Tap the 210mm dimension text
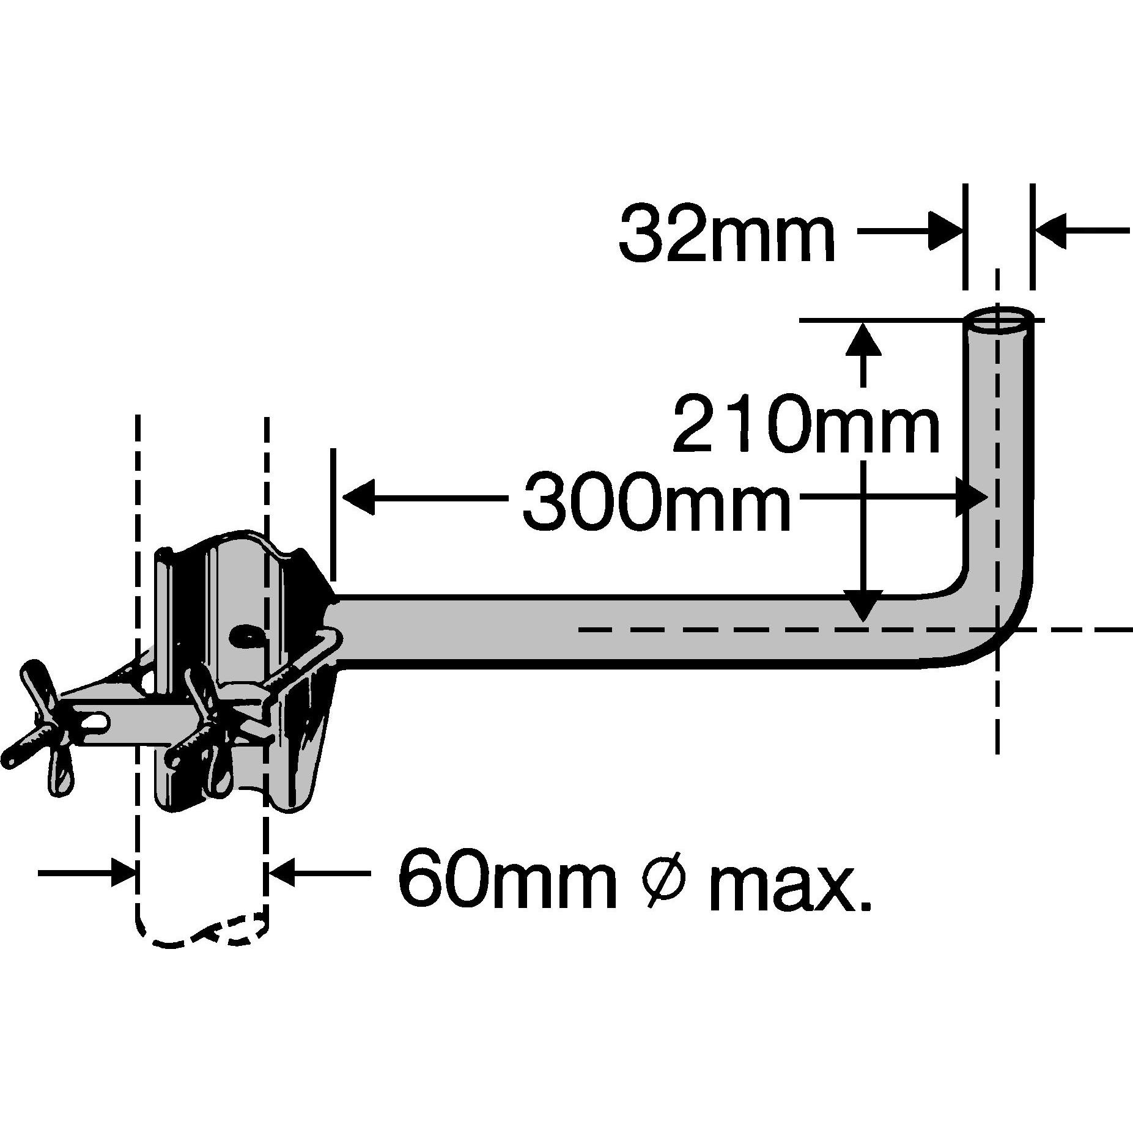point(806,423)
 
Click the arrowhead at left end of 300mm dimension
point(358,496)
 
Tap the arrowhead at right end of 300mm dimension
point(972,496)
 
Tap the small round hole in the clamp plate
point(245,635)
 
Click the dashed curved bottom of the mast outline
point(202,939)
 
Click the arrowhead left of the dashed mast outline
point(122,873)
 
